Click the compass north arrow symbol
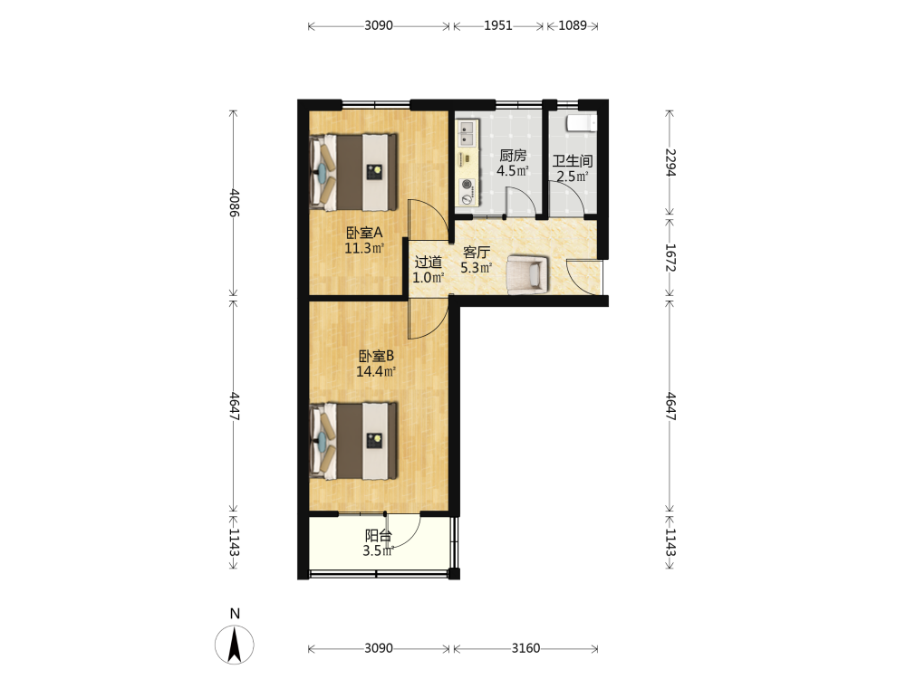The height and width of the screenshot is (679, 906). tap(234, 645)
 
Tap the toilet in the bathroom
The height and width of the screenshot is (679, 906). tap(582, 123)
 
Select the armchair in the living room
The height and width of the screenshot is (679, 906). tap(526, 274)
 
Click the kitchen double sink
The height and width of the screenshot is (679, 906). tap(467, 133)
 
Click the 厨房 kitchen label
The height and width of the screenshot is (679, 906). tap(513, 156)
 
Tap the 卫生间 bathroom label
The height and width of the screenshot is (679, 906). tap(573, 161)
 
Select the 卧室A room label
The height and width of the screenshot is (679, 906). tap(364, 233)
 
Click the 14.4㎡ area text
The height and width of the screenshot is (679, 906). tap(376, 371)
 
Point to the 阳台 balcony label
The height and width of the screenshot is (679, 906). tap(378, 535)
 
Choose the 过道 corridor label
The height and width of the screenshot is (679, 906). tap(429, 263)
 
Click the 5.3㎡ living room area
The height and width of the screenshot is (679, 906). tap(477, 268)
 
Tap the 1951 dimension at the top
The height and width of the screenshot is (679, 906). tap(498, 25)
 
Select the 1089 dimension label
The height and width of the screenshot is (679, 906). tap(573, 25)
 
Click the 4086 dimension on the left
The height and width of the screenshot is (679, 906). tap(234, 203)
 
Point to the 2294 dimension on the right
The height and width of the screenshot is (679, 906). tap(670, 162)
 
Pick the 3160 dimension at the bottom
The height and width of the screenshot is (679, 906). tap(525, 648)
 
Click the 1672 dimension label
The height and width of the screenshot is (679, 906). tap(670, 257)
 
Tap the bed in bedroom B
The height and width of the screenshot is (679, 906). tap(353, 441)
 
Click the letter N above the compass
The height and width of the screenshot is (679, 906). tap(235, 614)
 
